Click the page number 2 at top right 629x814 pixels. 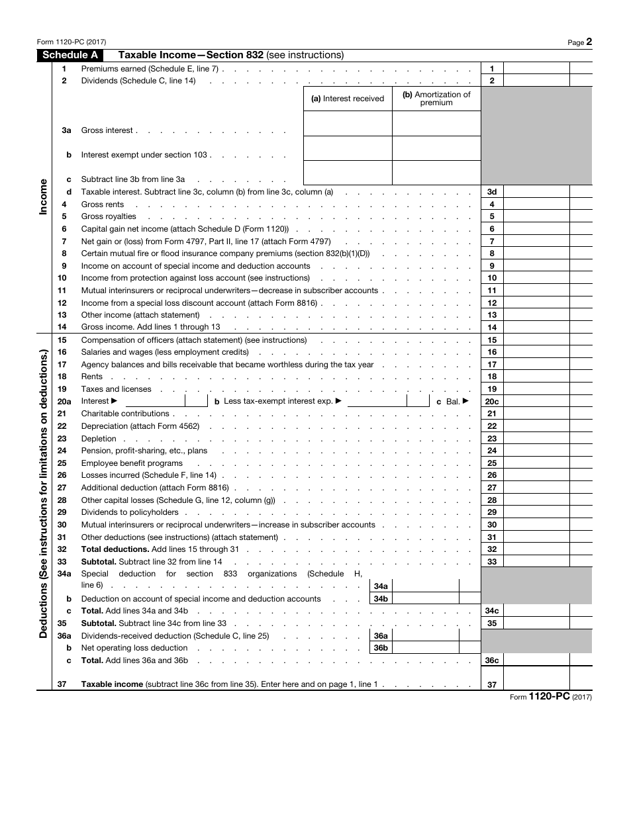coord(589,42)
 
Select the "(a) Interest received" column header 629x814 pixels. coord(348,99)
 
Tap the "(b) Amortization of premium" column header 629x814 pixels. coord(436,99)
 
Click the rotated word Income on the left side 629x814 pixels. coord(44,196)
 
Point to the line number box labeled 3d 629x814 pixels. coord(492,192)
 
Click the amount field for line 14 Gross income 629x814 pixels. coord(536,328)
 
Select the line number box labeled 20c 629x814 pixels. coord(492,402)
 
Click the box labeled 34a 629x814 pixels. coord(381,586)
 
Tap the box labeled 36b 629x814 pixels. coord(381,648)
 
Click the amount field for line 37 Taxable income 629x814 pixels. coord(536,685)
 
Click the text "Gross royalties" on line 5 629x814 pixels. coord(109,216)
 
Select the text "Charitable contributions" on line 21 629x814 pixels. coord(125,414)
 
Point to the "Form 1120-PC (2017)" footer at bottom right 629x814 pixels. coord(550,697)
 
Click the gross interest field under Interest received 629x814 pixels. coord(348,124)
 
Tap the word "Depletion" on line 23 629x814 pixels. coord(99,439)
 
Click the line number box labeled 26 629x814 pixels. coord(492,476)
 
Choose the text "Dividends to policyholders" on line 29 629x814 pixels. coord(130,512)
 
